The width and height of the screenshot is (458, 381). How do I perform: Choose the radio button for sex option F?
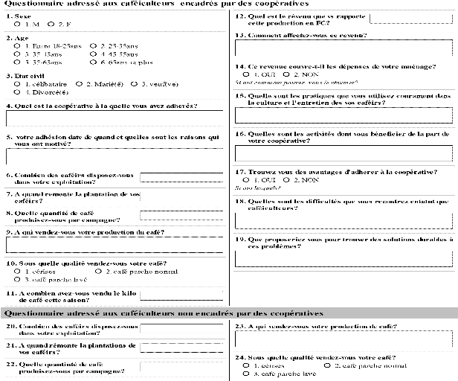51,23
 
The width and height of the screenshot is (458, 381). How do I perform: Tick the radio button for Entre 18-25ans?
17,46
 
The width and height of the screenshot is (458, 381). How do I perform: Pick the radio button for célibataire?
17,84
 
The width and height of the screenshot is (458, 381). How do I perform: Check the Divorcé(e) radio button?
17,92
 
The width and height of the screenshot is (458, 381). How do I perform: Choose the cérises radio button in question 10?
17,272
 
